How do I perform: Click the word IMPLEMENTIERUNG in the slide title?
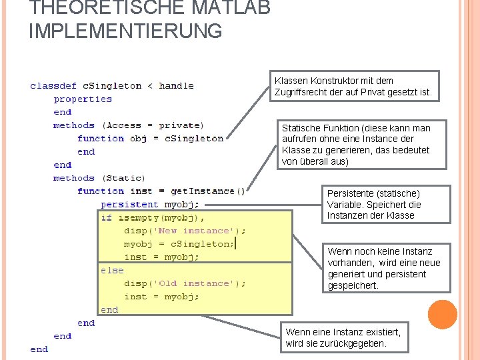click(125, 31)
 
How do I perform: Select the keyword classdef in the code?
click(53, 86)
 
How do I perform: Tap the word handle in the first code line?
click(177, 86)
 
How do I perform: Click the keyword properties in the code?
click(83, 99)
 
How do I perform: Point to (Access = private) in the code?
click(153, 125)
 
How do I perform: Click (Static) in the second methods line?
click(123, 178)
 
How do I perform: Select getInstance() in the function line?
click(208, 191)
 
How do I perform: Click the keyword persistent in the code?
click(129, 205)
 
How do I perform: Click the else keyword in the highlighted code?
click(112, 271)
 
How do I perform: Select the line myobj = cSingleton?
click(179, 244)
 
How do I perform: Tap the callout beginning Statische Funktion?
click(357, 145)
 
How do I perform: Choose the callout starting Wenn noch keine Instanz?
click(385, 268)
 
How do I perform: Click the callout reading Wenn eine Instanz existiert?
click(344, 337)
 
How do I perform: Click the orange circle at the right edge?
click(443, 314)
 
